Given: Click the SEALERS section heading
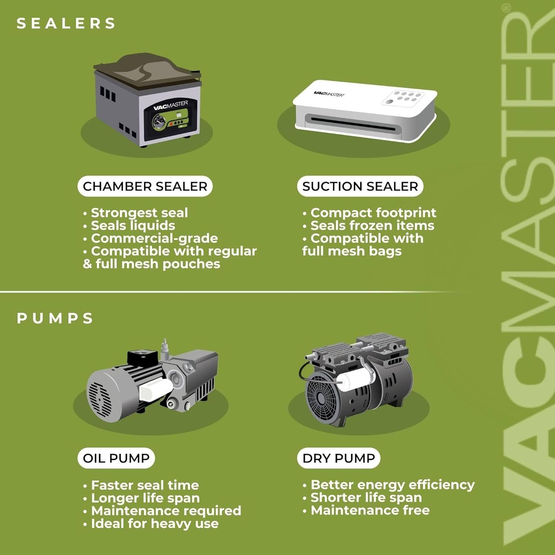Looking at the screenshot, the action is pos(66,23).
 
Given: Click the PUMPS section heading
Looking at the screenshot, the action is pos(55,318).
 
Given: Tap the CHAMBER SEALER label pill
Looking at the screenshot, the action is pos(145,186).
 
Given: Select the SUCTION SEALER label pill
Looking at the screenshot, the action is pos(360,186).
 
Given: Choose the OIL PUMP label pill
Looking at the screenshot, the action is pos(116,458).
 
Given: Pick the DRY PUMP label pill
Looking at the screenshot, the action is pos(339,458).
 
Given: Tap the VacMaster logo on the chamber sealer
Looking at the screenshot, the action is pos(171,106).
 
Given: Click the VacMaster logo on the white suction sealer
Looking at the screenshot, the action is pos(329,94).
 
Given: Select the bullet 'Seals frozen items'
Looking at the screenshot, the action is pos(368,225).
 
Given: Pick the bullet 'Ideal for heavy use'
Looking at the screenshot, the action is pos(151,524).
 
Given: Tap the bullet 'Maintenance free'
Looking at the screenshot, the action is pos(366,510).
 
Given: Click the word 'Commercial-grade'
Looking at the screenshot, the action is pos(154,238).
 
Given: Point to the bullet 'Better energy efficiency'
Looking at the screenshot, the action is pos(388,485).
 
